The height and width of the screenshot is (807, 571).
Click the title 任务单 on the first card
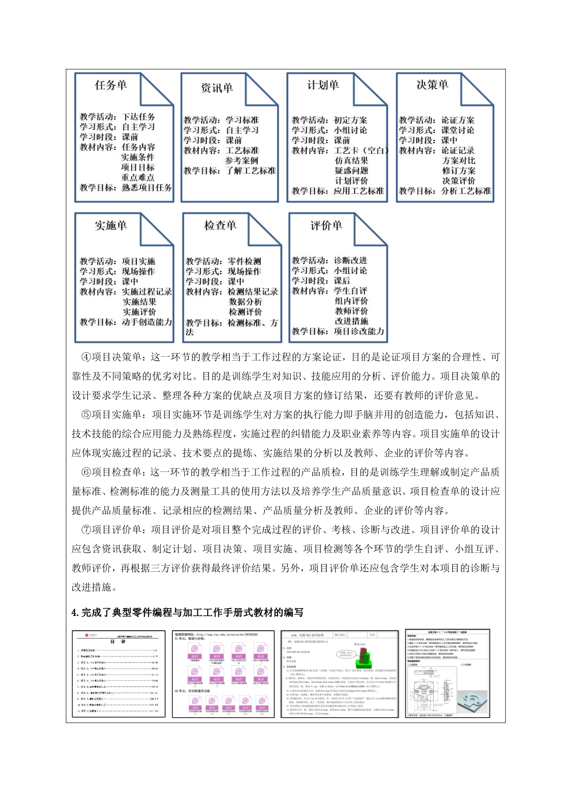111,85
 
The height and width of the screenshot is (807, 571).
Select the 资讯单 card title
216,88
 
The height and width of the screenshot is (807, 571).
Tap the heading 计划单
323,85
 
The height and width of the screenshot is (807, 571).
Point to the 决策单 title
432,85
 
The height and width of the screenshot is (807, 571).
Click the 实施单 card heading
111,226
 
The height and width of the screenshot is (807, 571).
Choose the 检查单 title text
220,226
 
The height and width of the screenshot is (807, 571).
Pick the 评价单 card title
326,226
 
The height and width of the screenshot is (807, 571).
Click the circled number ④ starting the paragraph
86,357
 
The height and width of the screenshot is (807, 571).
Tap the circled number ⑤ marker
86,415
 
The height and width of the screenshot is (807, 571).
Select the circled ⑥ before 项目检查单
86,472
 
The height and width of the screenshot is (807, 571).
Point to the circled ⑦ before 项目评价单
86,530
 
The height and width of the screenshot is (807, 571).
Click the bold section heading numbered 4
187,613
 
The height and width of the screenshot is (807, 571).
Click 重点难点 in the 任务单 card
138,177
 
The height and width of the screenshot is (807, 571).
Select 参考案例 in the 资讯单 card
242,161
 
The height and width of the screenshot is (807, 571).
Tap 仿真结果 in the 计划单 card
351,161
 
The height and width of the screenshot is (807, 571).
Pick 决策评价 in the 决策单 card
458,181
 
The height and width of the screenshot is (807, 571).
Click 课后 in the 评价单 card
342,281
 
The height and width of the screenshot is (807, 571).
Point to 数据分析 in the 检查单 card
245,302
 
